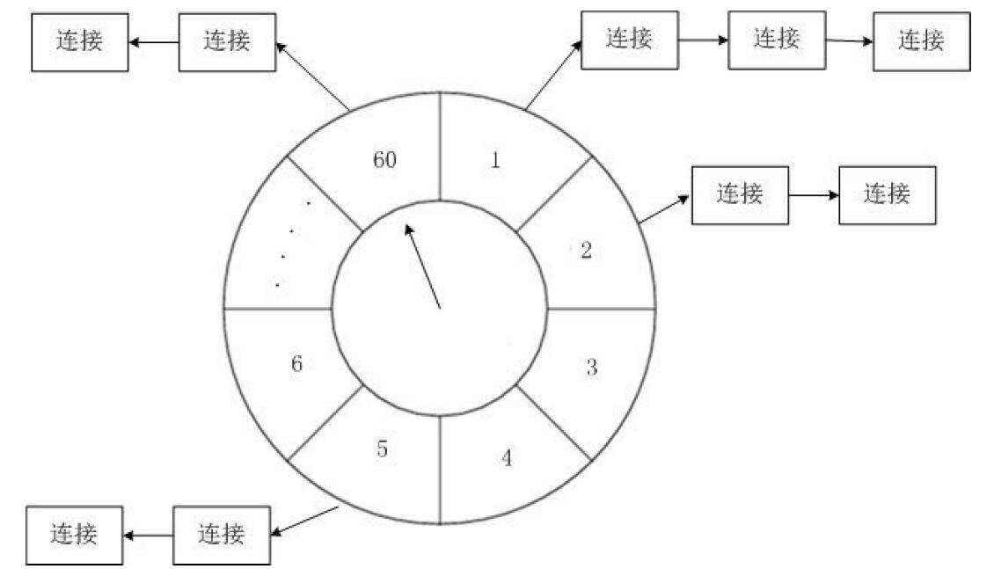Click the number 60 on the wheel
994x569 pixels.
384,161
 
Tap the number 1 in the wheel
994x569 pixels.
496,161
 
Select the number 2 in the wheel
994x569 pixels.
586,250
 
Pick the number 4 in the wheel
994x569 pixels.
507,458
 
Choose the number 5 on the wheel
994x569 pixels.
383,449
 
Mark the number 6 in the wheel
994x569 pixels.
296,364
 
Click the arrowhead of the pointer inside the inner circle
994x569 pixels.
408,229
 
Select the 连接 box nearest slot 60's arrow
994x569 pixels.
227,41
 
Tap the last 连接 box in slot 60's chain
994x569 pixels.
80,41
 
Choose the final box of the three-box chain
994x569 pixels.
921,40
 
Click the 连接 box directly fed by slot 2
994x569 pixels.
740,193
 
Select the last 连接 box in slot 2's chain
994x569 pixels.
886,193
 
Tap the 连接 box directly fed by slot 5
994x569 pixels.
222,535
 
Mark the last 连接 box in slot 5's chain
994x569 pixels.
74,535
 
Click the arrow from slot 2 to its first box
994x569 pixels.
664,210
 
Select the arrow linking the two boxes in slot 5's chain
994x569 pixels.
148,535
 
